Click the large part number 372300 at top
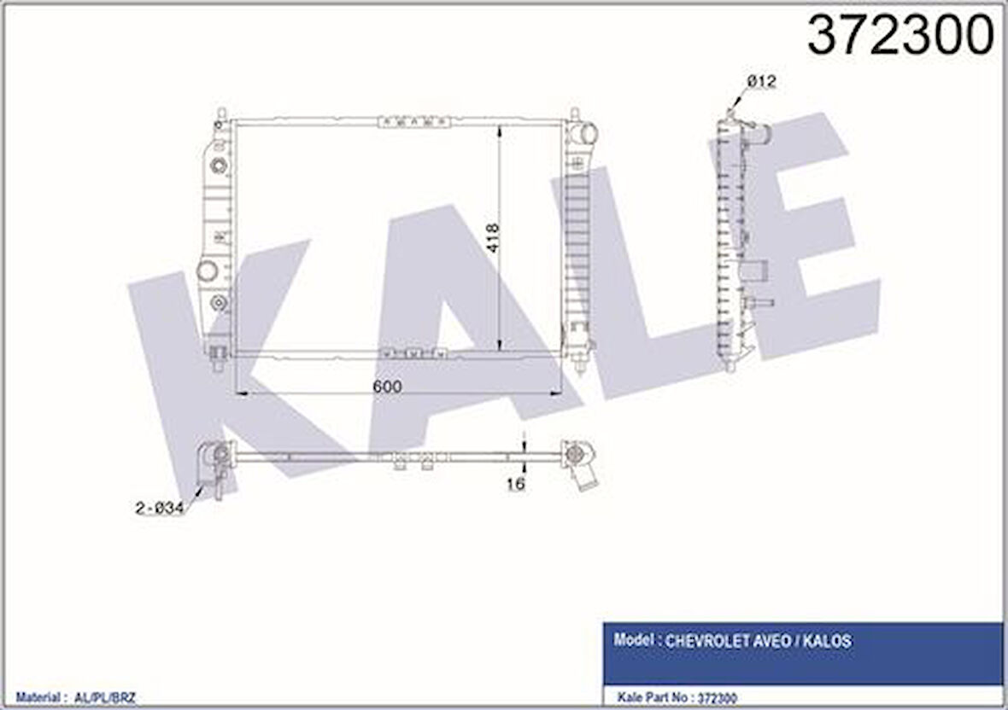click(900, 35)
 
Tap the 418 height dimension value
click(492, 237)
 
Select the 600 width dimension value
click(387, 386)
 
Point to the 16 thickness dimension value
click(516, 483)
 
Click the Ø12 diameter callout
click(762, 82)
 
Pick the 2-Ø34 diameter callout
click(160, 508)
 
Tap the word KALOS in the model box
click(830, 641)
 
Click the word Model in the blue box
click(633, 640)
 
